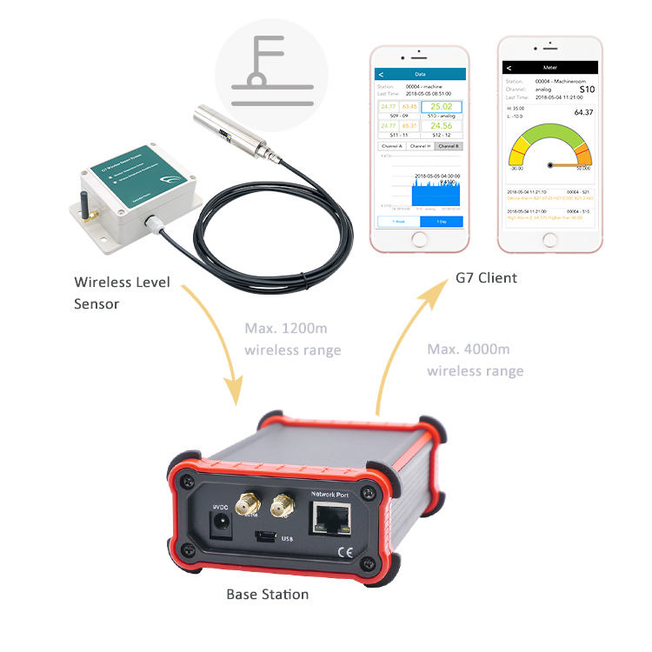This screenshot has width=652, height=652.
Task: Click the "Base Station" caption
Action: point(267,595)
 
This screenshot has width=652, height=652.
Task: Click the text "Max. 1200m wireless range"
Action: point(292,340)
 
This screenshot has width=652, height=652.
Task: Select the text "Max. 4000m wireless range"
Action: point(475,360)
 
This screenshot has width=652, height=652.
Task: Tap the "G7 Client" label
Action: point(486,278)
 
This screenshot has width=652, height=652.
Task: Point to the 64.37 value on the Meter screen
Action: point(583,112)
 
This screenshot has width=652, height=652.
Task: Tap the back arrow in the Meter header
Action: point(509,67)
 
